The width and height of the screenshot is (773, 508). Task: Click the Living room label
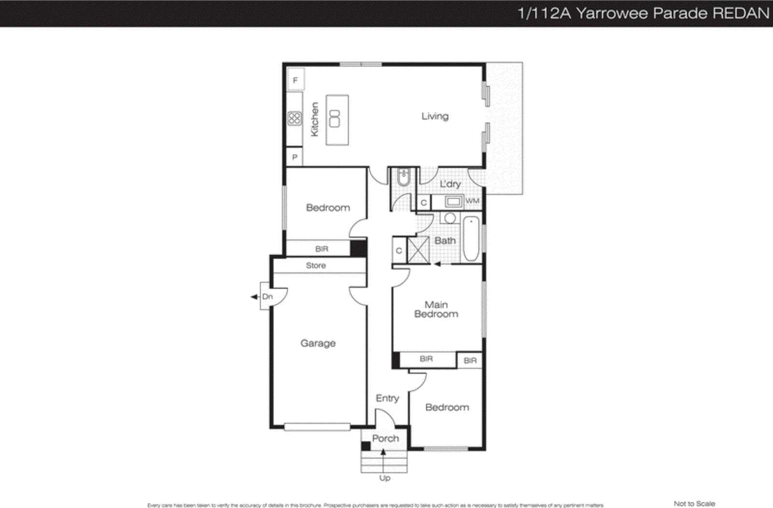tap(435, 116)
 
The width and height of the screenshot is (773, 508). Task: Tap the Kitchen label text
tap(315, 119)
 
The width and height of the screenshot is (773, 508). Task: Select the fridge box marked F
tap(295, 80)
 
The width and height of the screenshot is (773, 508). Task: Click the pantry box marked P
tap(295, 157)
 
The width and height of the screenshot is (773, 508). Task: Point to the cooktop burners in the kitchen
tap(294, 118)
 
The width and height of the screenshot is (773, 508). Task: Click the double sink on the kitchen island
tap(334, 119)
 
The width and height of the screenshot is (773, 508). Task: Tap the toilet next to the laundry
tap(403, 178)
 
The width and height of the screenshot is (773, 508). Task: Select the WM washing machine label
tap(472, 201)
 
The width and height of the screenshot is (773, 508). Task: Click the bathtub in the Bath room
tap(471, 239)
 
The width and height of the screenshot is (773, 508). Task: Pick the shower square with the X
tap(418, 250)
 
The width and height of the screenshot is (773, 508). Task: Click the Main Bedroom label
tap(436, 309)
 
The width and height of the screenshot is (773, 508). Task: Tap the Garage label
tap(318, 343)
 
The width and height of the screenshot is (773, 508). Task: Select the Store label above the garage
tap(315, 266)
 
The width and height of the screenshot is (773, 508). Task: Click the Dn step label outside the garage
tap(267, 296)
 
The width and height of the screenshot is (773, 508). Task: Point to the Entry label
tap(387, 398)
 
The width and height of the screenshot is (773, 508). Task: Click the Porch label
tap(385, 438)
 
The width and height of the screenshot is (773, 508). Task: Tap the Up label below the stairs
tap(385, 478)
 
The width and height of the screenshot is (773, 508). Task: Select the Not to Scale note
tap(694, 504)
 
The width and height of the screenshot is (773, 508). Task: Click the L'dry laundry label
tap(450, 184)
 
